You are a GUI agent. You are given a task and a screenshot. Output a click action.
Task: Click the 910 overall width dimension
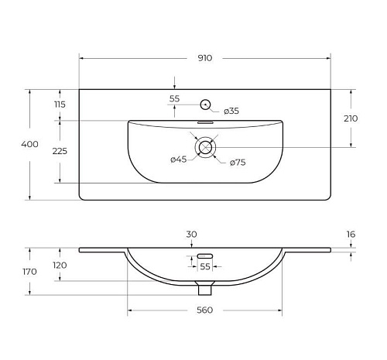click(205, 58)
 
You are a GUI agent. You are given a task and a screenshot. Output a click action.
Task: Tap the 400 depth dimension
click(29, 144)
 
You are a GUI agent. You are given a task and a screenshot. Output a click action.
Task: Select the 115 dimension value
click(60, 105)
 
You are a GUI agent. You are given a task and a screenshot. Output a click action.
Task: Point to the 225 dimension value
click(60, 151)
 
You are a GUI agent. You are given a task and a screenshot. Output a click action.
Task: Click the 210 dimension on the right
click(351, 118)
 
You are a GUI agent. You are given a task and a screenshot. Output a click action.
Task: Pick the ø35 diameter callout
click(231, 111)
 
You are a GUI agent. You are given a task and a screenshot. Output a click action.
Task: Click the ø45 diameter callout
click(179, 159)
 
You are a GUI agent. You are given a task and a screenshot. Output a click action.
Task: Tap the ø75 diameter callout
click(238, 163)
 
